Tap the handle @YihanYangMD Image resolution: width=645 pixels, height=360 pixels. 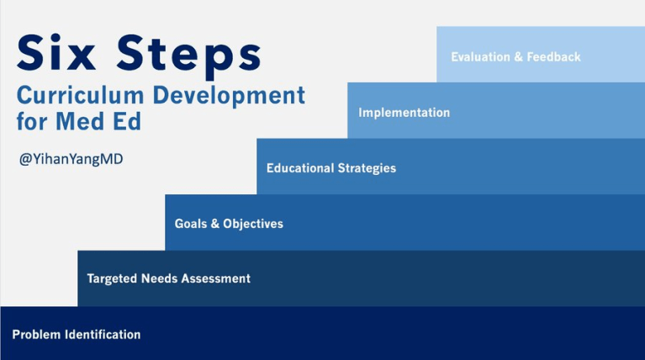pos(71,158)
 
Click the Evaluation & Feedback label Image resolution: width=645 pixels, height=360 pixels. pos(515,57)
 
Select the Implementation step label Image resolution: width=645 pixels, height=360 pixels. pos(404,113)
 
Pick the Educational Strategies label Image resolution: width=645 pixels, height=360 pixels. pos(330,168)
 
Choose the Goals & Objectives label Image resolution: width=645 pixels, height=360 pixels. pos(229,224)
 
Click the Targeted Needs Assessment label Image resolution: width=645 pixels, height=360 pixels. pos(168,278)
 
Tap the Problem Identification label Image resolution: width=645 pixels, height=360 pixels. pos(77,335)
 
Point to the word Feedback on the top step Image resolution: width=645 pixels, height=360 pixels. pos(554,57)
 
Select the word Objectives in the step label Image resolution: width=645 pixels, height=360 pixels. pos(253,224)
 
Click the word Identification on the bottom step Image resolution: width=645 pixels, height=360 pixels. pos(103,335)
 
